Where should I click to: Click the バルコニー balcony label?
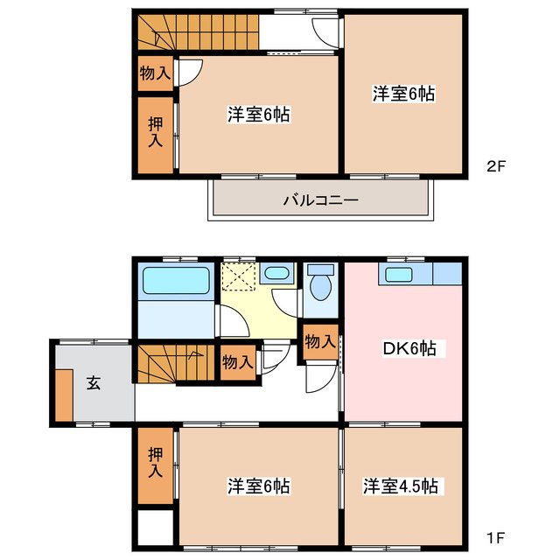tap(320, 200)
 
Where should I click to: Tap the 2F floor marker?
tap(496, 164)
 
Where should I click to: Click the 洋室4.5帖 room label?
tap(402, 486)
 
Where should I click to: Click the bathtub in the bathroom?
tap(176, 282)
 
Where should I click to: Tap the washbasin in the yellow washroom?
tap(276, 273)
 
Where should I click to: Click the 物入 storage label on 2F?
tap(156, 73)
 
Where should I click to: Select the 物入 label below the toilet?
tap(320, 341)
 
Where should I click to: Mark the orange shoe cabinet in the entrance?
tap(64, 395)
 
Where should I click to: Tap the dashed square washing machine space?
tap(237, 277)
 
